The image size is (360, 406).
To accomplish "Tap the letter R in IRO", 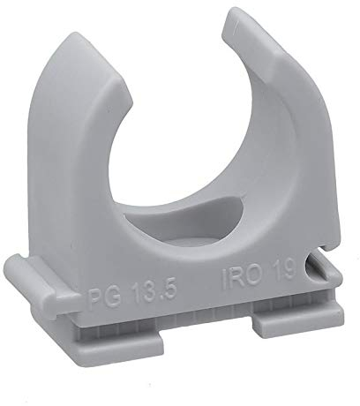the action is pos(236,278).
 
